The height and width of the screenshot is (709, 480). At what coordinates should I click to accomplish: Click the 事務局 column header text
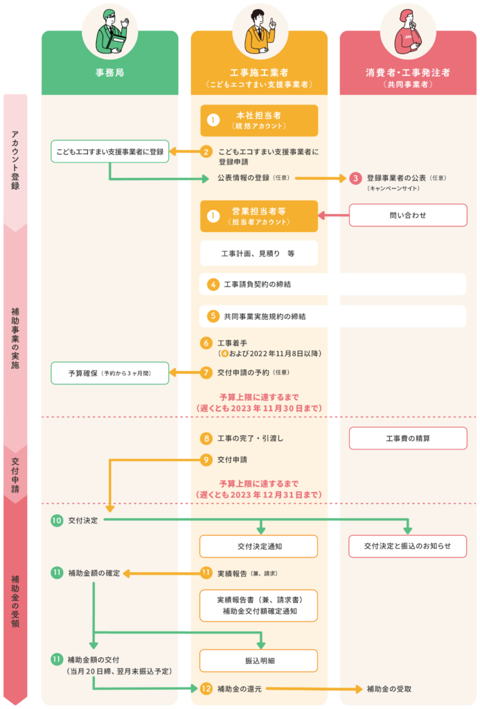[x=109, y=72]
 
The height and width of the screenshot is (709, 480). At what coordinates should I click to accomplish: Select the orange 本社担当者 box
[x=259, y=120]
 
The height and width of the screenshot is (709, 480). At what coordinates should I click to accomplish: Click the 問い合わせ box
[x=408, y=215]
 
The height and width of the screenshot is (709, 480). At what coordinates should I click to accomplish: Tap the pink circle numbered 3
[x=355, y=178]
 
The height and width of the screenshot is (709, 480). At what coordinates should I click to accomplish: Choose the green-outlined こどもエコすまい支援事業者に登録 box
[x=109, y=151]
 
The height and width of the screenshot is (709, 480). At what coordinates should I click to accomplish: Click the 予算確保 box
[x=109, y=373]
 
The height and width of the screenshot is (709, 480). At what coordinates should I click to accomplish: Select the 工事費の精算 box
[x=408, y=438]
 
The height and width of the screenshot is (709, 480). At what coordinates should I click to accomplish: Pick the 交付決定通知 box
[x=259, y=546]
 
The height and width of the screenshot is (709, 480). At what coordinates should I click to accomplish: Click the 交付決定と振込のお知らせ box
[x=408, y=546]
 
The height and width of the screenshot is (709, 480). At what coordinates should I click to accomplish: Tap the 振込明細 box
[x=259, y=661]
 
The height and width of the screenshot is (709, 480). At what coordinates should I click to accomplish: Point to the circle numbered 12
[x=206, y=689]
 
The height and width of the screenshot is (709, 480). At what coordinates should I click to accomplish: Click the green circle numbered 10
[x=57, y=520]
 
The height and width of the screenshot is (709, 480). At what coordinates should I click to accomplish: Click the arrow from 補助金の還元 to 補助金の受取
[x=312, y=689]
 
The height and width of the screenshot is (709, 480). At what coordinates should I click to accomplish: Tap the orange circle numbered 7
[x=206, y=373]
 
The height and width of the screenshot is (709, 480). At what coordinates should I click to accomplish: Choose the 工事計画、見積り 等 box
[x=259, y=253]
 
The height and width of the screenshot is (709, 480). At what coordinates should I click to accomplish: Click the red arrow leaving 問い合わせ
[x=332, y=216]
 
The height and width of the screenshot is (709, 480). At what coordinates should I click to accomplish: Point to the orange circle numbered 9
[x=206, y=459]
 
